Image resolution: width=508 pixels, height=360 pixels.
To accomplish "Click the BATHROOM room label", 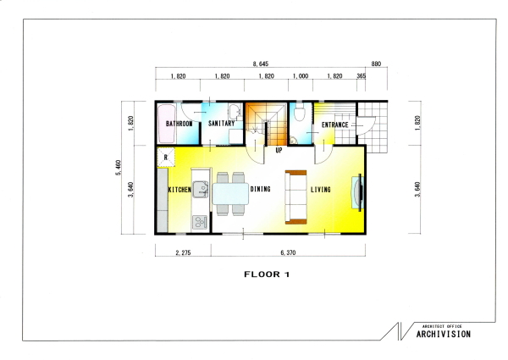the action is pyautogui.click(x=179, y=124).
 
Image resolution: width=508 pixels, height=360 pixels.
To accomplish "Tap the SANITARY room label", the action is pyautogui.click(x=222, y=124).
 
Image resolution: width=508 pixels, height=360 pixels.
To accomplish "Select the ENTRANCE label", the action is pyautogui.click(x=335, y=125).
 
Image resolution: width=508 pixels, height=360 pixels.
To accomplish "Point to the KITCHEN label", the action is pyautogui.click(x=179, y=190).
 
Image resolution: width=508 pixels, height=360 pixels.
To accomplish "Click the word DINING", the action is pyautogui.click(x=261, y=189).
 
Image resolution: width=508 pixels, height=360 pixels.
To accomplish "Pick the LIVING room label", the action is pyautogui.click(x=321, y=190).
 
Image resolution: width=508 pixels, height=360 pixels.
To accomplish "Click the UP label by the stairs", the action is pyautogui.click(x=279, y=150).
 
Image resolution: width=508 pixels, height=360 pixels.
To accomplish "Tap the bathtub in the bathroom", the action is pyautogui.click(x=167, y=124).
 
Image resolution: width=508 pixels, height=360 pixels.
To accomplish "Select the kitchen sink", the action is pyautogui.click(x=200, y=189).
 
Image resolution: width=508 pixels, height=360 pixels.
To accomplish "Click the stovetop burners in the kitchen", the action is pyautogui.click(x=200, y=222).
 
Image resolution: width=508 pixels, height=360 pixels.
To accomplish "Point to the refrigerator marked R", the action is pyautogui.click(x=166, y=158).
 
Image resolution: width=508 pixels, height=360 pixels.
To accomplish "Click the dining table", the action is pyautogui.click(x=230, y=193).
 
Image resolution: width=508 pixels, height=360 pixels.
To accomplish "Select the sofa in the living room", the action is pyautogui.click(x=295, y=197).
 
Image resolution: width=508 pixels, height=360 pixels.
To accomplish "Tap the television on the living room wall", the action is pyautogui.click(x=358, y=193).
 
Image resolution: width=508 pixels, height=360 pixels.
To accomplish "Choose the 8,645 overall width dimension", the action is pyautogui.click(x=261, y=64).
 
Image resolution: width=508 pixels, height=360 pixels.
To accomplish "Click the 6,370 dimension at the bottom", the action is pyautogui.click(x=288, y=252).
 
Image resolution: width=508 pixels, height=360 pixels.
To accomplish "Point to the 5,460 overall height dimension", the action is pyautogui.click(x=119, y=168).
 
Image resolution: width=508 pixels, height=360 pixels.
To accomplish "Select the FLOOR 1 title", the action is pyautogui.click(x=267, y=274).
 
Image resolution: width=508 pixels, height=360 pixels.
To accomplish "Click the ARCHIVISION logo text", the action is pyautogui.click(x=444, y=334).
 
